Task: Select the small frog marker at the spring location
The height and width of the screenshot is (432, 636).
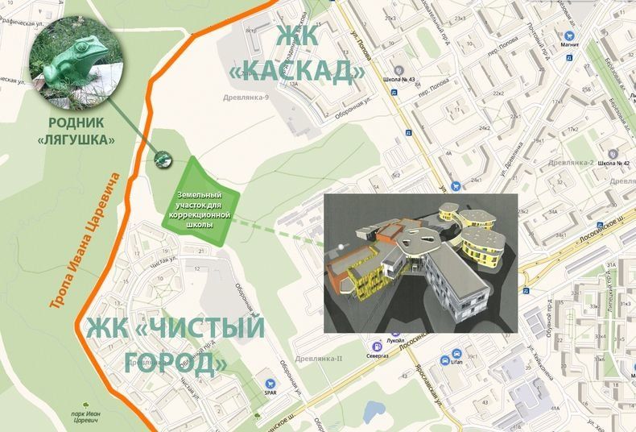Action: (162, 159)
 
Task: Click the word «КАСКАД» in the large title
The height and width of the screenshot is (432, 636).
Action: (297, 71)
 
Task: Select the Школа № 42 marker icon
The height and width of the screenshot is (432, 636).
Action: (613, 153)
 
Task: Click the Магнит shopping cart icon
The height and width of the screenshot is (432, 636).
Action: (569, 36)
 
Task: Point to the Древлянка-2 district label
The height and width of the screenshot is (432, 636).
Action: (570, 162)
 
